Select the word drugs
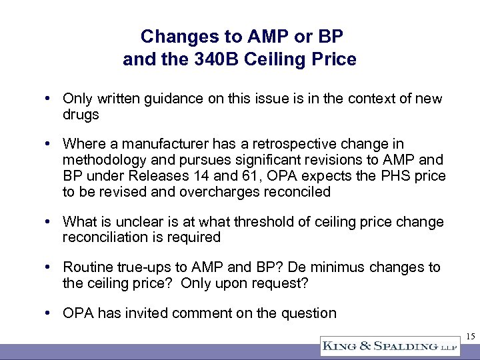tap(81, 115)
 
